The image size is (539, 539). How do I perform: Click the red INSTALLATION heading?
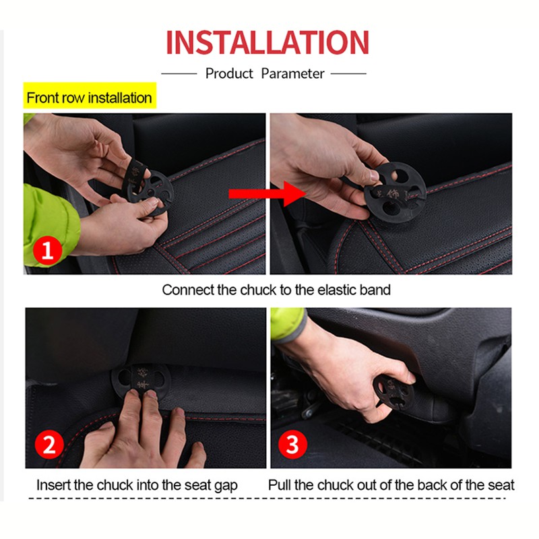tap(267, 42)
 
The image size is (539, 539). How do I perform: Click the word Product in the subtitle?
tap(229, 73)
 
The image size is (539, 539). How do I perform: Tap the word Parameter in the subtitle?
tap(292, 73)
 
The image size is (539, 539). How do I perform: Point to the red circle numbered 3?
tap(292, 444)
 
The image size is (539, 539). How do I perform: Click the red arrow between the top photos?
tap(267, 194)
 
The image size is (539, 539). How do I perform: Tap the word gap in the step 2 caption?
tap(226, 486)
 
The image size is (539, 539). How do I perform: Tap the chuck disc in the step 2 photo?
tap(141, 380)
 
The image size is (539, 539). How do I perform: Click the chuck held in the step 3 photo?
tap(393, 392)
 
